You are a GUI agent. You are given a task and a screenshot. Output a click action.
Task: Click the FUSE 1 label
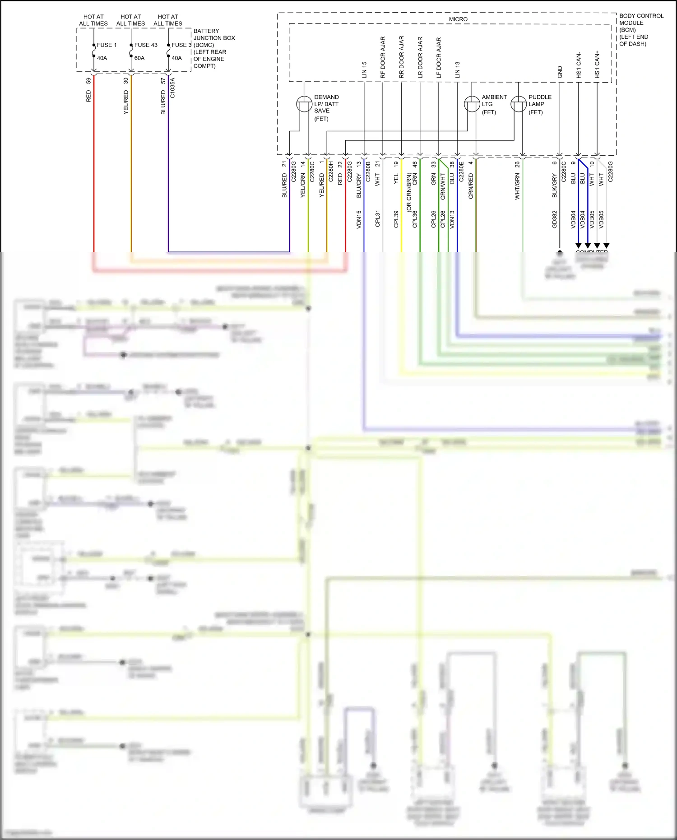(x=107, y=45)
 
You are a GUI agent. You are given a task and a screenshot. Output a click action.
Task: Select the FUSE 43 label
(x=146, y=45)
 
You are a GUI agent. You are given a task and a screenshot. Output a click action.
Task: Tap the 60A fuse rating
(x=139, y=58)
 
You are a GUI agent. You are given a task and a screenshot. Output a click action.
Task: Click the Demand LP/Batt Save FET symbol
(x=304, y=104)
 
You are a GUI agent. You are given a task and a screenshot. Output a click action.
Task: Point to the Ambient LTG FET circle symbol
(x=472, y=104)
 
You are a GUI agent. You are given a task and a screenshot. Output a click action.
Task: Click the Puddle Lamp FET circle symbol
(x=519, y=104)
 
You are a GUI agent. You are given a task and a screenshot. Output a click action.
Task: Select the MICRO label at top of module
(x=458, y=19)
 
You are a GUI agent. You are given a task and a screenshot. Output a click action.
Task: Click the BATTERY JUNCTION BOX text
(x=214, y=35)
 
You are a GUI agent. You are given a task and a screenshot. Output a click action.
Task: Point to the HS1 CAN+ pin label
(x=597, y=65)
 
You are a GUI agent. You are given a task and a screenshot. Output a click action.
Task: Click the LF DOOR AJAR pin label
(x=439, y=58)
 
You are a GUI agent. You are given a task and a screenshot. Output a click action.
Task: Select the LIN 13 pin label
(x=457, y=70)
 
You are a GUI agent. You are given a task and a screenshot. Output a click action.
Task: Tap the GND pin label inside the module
(x=560, y=72)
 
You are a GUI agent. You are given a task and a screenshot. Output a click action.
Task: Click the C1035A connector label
(x=172, y=88)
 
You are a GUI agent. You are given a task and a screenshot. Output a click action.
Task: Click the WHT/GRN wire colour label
(x=517, y=186)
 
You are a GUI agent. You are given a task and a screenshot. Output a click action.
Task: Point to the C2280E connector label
(x=461, y=172)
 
